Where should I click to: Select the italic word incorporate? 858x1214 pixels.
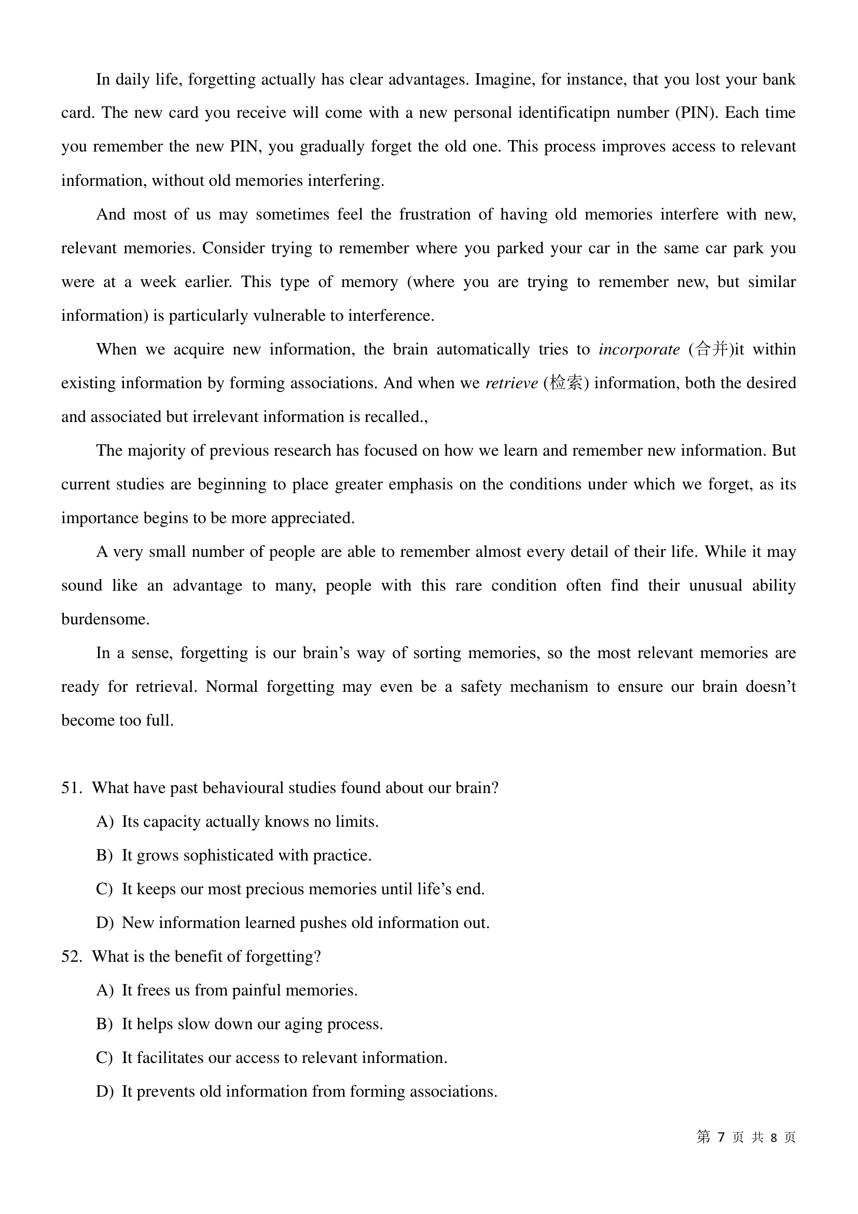point(639,349)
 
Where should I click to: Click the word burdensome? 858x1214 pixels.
point(105,619)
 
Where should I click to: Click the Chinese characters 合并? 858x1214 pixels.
point(712,349)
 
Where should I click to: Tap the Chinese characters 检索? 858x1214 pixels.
point(565,383)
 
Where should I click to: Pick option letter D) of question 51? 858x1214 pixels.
point(104,923)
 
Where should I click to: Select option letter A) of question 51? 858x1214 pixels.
point(104,822)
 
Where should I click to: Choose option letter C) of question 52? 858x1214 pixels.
point(104,1057)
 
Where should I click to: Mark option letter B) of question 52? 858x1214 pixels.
point(104,1024)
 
